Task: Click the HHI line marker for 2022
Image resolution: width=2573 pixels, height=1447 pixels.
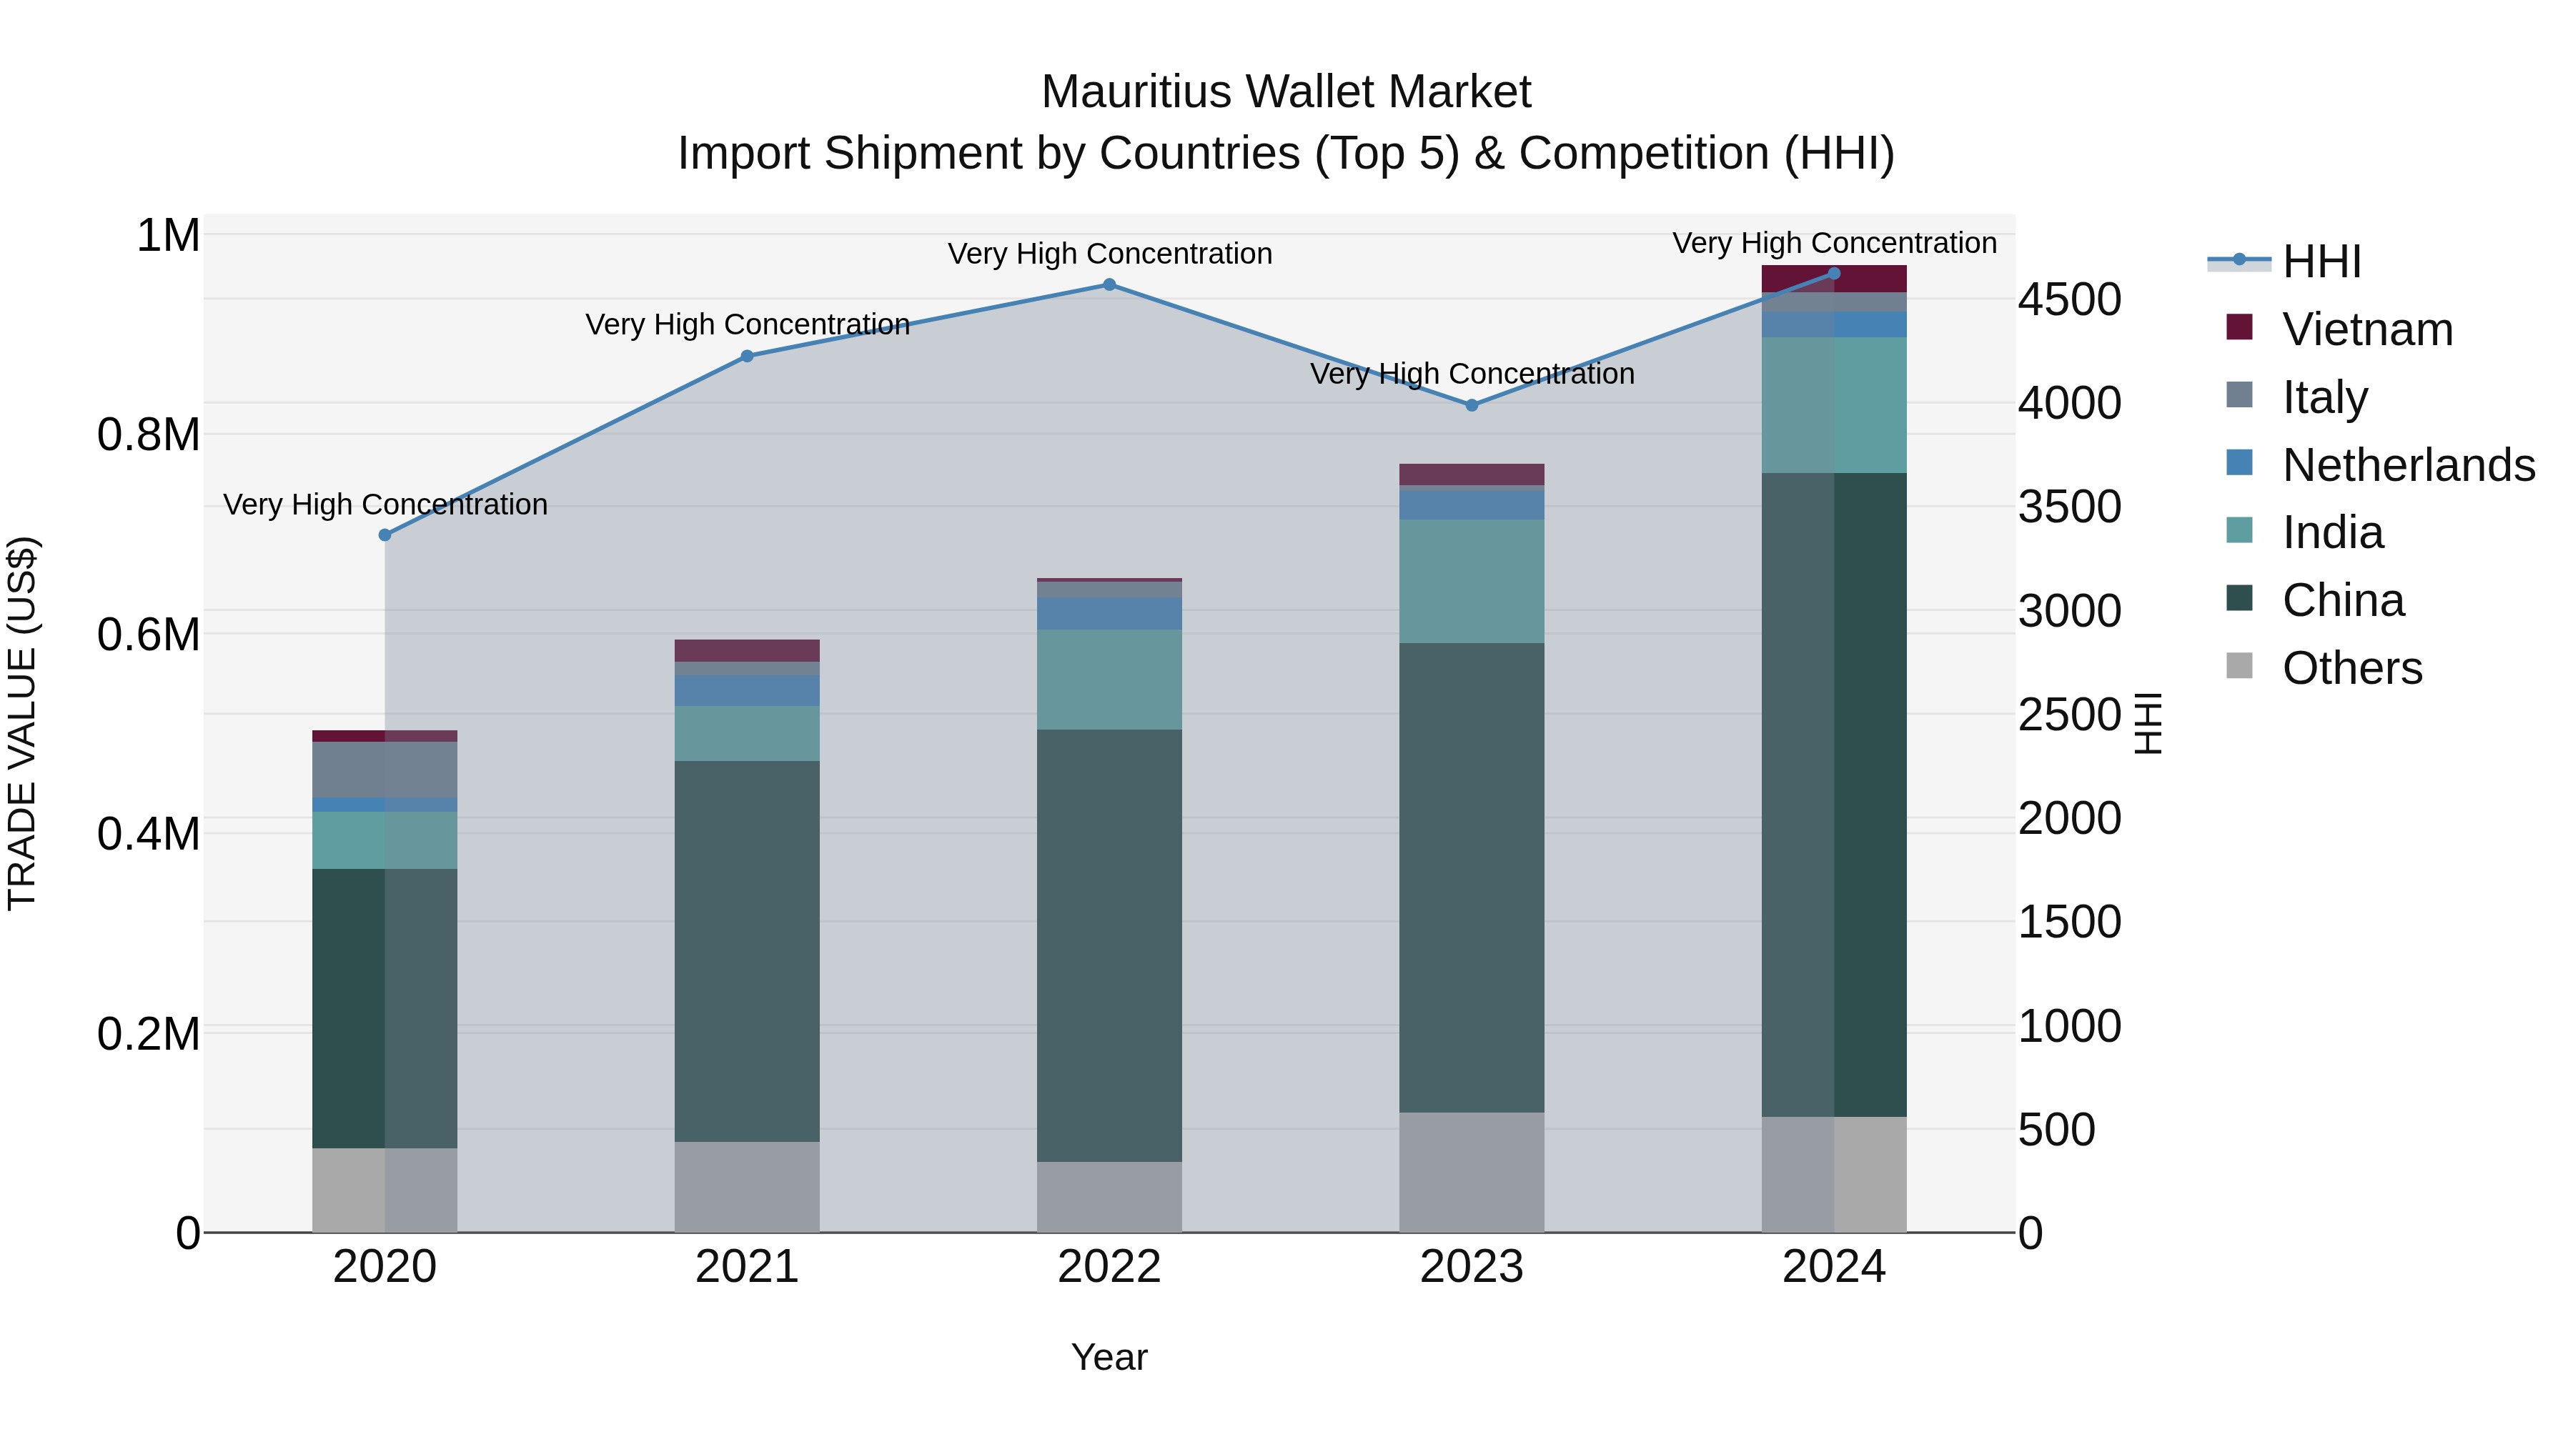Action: [x=1109, y=284]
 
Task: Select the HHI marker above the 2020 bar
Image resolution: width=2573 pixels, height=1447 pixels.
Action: [x=385, y=534]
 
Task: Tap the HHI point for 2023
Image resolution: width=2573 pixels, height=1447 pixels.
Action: [x=1472, y=405]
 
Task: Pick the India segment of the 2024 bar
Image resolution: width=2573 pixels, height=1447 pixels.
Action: [x=1834, y=404]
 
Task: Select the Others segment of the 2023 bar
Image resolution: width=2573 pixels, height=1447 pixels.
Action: [x=1472, y=1173]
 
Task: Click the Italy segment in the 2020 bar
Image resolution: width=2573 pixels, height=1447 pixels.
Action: [x=385, y=769]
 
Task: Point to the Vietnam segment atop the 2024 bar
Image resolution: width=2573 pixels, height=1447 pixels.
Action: [x=1834, y=279]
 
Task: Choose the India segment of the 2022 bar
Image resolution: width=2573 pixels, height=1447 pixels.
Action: [x=1109, y=679]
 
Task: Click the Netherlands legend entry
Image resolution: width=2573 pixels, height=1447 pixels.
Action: [x=2408, y=465]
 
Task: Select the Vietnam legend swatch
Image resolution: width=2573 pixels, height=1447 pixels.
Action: [x=2239, y=327]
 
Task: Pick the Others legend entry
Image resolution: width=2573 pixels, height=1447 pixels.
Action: [x=2351, y=668]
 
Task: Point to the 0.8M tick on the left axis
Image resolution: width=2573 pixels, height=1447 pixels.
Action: [x=148, y=435]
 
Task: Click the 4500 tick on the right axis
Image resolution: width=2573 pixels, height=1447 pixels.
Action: [x=2068, y=299]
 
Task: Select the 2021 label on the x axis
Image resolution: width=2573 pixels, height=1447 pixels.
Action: [x=747, y=1267]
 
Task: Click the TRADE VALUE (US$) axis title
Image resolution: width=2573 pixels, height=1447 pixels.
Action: [x=22, y=723]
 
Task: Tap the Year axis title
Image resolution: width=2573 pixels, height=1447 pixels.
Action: [x=1109, y=1357]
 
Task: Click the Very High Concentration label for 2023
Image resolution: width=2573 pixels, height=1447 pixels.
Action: [x=1472, y=374]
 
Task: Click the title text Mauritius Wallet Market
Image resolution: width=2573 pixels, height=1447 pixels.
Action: [x=1286, y=92]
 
